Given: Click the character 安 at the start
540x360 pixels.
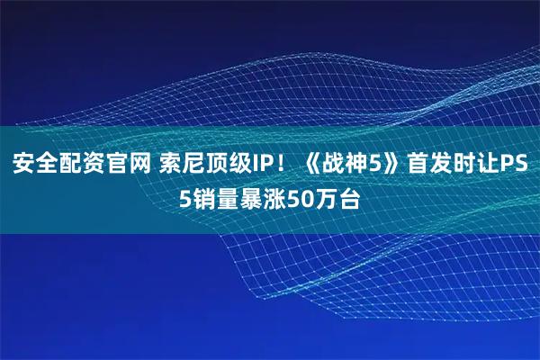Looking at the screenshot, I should coord(22,165).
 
